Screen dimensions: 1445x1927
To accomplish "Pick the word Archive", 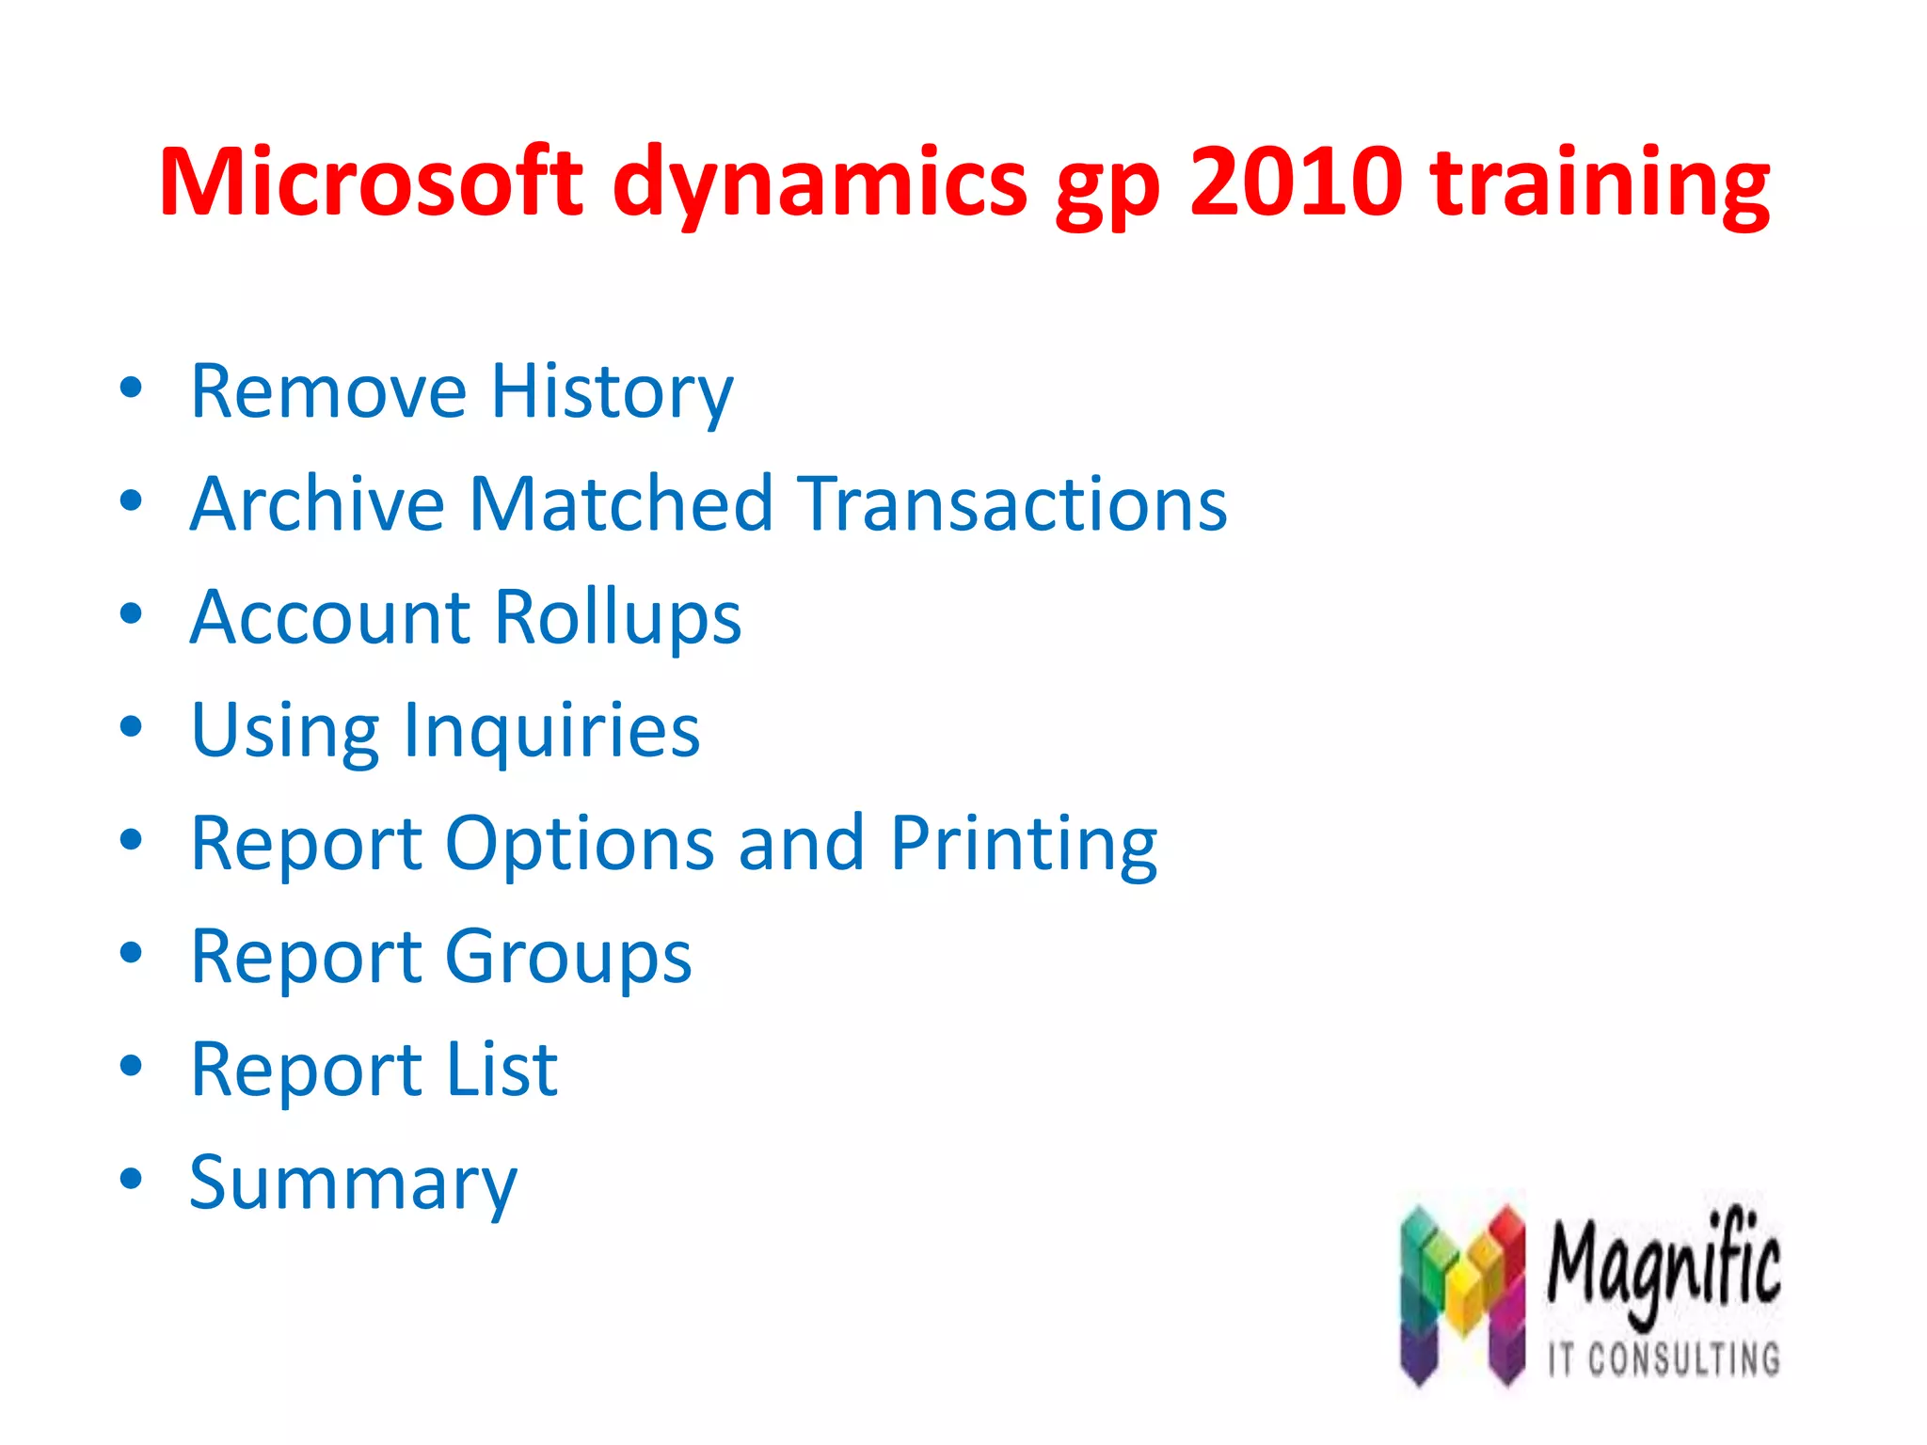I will tap(317, 504).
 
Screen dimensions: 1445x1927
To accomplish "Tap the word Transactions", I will tap(1014, 504).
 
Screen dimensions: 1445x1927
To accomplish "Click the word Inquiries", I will tap(551, 731).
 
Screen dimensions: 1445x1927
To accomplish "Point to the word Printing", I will tap(1024, 844).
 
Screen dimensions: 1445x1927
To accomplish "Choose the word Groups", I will tap(568, 958).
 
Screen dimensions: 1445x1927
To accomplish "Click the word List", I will tap(502, 1070).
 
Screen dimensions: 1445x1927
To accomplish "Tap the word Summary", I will tap(353, 1183).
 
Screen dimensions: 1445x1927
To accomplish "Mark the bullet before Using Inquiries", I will tap(131, 727).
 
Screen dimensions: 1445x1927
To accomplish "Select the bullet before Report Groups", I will tap(131, 953).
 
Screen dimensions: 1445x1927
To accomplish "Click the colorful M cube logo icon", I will tap(1461, 1294).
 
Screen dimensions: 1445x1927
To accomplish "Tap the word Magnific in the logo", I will tap(1664, 1265).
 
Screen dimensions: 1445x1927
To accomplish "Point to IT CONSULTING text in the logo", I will tap(1664, 1359).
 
